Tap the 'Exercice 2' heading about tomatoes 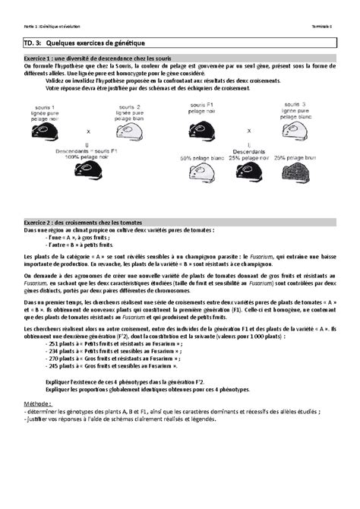click(88, 221)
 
